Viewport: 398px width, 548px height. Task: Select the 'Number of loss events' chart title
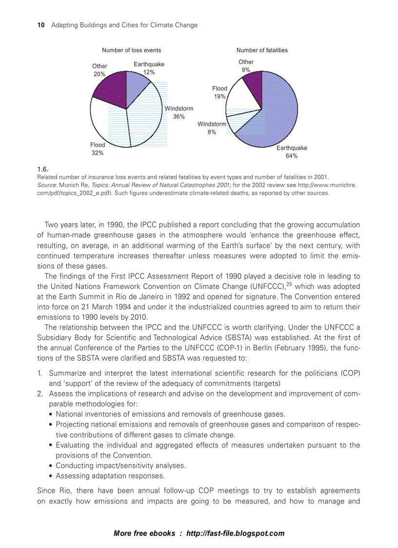(131, 50)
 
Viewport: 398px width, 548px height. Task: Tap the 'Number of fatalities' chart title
(262, 50)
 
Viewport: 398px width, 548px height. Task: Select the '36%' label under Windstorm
(179, 117)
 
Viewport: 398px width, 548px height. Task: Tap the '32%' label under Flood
(98, 153)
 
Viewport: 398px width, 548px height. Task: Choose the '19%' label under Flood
(219, 97)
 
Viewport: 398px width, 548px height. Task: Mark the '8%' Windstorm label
(212, 132)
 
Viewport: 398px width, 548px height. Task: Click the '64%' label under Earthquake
(292, 156)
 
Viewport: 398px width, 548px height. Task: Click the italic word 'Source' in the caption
(47, 185)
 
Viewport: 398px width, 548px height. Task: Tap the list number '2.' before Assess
(41, 394)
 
